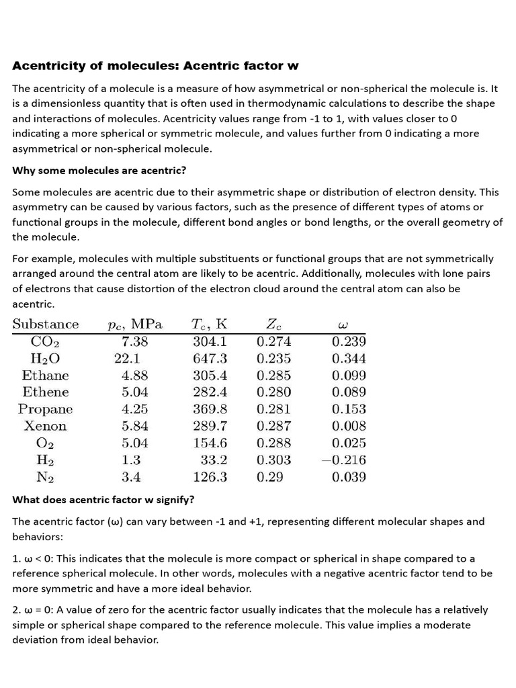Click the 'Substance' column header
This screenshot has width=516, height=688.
coord(46,325)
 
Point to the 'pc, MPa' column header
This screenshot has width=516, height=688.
coord(135,325)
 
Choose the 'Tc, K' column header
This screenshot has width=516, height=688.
coord(210,325)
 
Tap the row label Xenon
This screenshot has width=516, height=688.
coord(46,426)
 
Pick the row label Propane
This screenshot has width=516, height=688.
coord(46,409)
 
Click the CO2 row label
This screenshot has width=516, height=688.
coord(46,342)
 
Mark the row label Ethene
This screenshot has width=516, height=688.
coord(46,392)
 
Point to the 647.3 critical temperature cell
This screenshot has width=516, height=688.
coord(210,359)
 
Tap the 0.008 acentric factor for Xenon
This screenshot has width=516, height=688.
coord(349,426)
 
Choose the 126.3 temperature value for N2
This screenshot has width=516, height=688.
coord(210,477)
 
